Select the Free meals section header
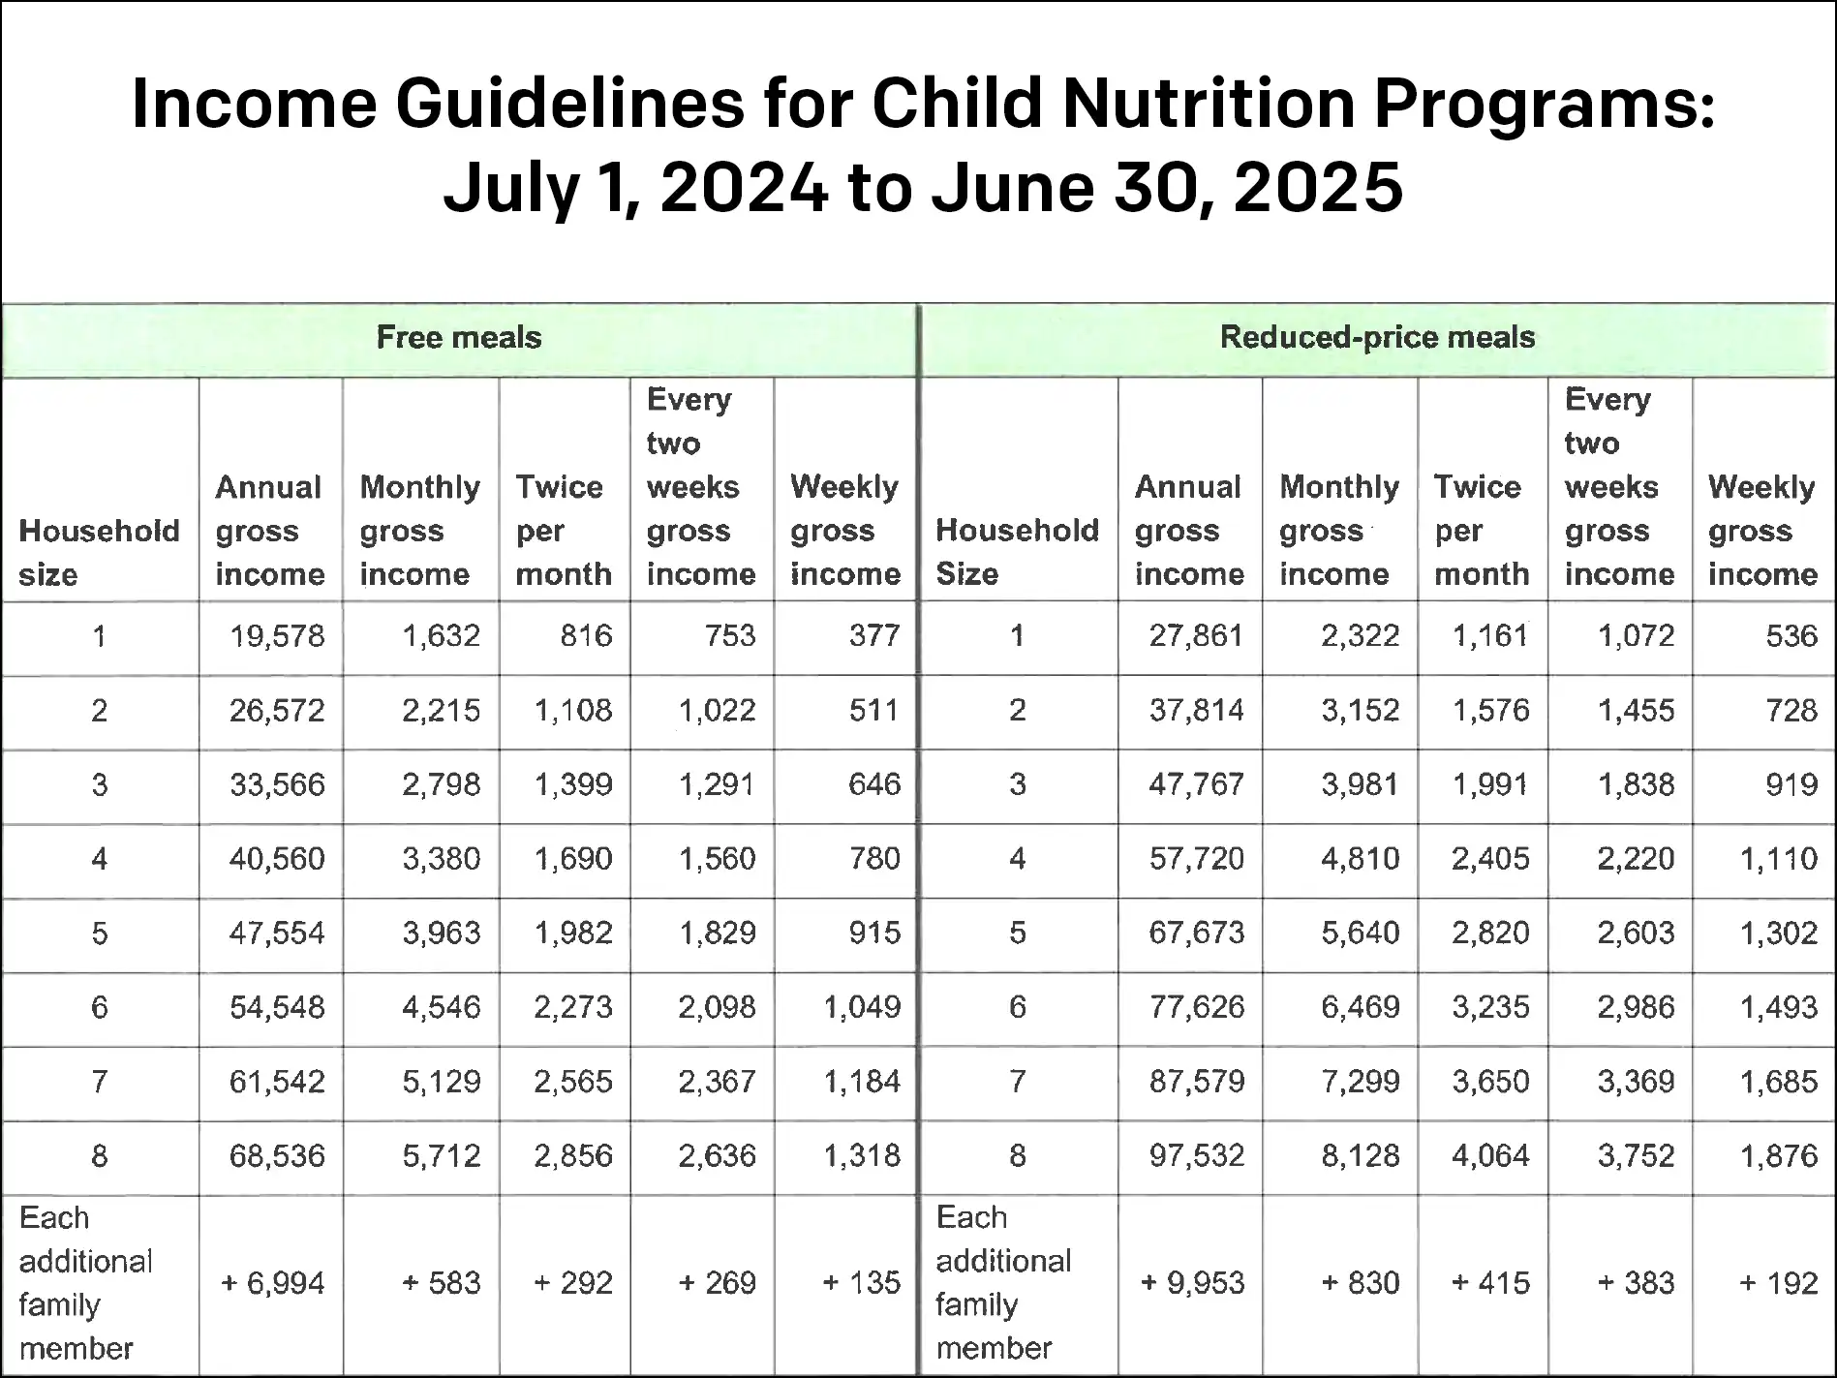pos(459,337)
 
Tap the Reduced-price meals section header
pos(1377,337)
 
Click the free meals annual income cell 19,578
pos(277,636)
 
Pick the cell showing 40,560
pos(277,859)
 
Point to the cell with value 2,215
pos(441,711)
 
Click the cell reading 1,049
pos(861,1008)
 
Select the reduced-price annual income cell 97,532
pos(1196,1156)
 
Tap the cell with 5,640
pos(1360,934)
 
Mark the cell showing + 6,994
pos(273,1283)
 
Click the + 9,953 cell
pos(1192,1283)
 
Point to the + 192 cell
pos(1779,1283)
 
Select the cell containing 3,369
pos(1636,1082)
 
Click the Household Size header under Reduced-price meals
pos(1017,551)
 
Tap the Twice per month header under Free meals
pos(564,530)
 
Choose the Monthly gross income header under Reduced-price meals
pos(1338,530)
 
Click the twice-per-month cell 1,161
pos(1490,636)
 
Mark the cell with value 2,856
pos(573,1156)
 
